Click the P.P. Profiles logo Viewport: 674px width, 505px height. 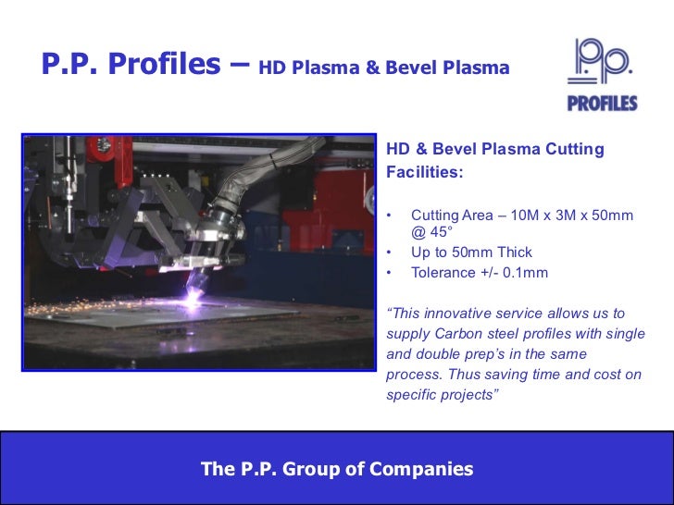click(602, 74)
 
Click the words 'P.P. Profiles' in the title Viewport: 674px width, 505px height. click(130, 64)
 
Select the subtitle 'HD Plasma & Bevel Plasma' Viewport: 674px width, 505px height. click(384, 68)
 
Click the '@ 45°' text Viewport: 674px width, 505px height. click(431, 232)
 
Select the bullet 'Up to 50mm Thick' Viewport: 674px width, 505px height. click(471, 252)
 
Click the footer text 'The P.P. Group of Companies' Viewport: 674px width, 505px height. click(337, 469)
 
